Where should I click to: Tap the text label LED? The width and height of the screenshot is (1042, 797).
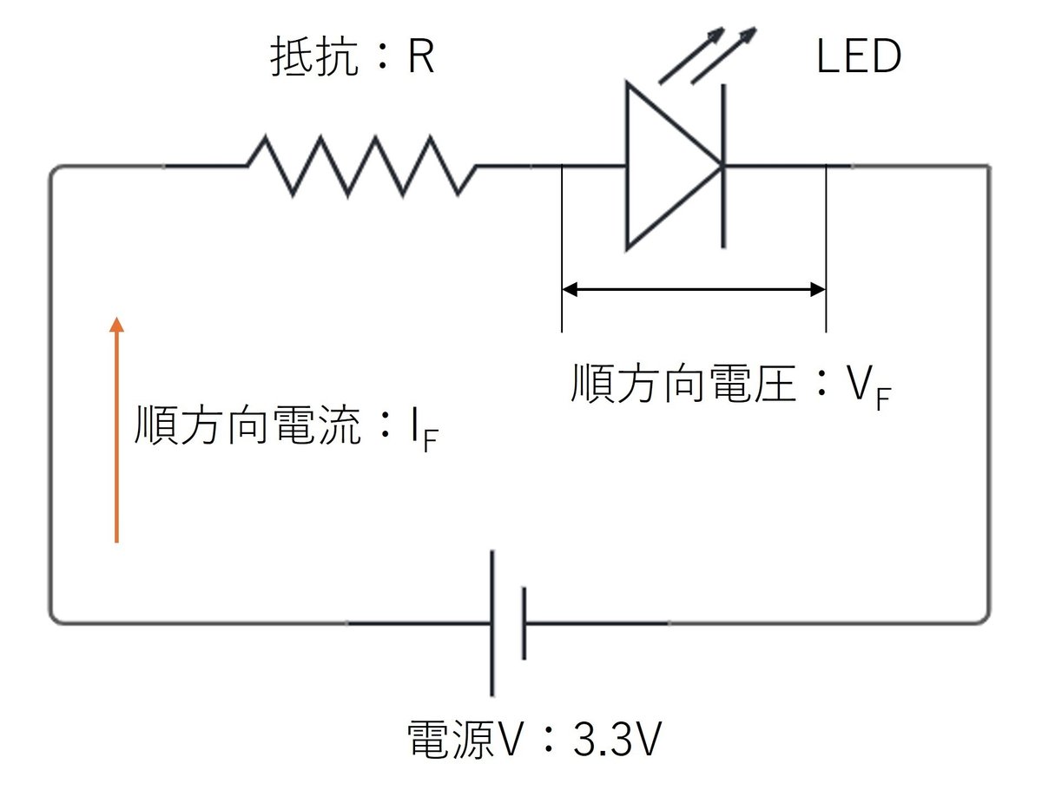(x=859, y=57)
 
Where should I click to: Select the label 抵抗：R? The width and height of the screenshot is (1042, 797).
(x=352, y=58)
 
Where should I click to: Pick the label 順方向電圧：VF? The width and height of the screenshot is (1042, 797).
(x=729, y=386)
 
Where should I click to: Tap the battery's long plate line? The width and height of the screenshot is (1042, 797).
(x=492, y=622)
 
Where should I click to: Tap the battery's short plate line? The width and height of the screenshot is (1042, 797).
(x=524, y=622)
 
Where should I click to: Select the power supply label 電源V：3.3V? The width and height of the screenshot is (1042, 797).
(x=535, y=741)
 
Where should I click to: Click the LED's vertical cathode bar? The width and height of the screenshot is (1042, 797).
(x=722, y=165)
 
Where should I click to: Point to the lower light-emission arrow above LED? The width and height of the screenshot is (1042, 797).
(x=723, y=57)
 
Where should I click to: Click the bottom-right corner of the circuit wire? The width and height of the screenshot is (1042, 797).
(x=986, y=619)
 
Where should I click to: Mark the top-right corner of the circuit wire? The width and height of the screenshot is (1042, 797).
(x=986, y=168)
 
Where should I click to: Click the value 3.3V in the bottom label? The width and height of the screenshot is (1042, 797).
(x=617, y=741)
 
